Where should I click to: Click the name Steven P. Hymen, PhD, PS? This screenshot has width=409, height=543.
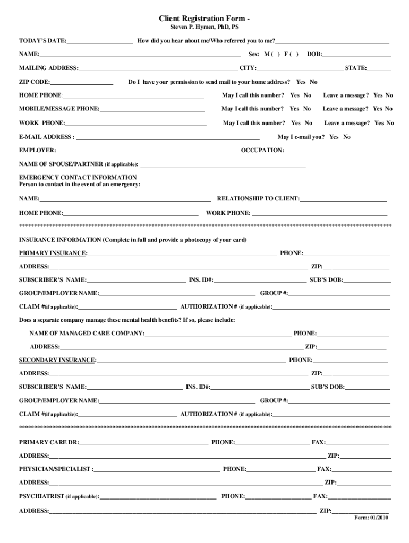coord(204,27)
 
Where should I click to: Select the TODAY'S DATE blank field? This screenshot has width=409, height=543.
coord(99,41)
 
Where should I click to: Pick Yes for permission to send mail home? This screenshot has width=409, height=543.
coord(301,82)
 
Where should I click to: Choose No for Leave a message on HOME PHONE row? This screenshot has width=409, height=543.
coord(389,95)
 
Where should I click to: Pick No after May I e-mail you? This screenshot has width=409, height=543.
coord(347,137)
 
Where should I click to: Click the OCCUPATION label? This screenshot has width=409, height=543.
coord(262,151)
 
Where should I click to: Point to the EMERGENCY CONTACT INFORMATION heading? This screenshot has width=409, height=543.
coord(78,177)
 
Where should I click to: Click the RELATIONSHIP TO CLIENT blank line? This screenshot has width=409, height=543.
coord(343,199)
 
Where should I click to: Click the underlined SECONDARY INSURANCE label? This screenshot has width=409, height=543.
coord(57,361)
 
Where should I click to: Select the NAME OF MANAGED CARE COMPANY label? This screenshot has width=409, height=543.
coord(86,334)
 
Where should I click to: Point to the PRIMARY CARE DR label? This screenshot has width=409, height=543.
coord(48,442)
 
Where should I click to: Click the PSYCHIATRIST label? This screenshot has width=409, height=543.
coord(41,497)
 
